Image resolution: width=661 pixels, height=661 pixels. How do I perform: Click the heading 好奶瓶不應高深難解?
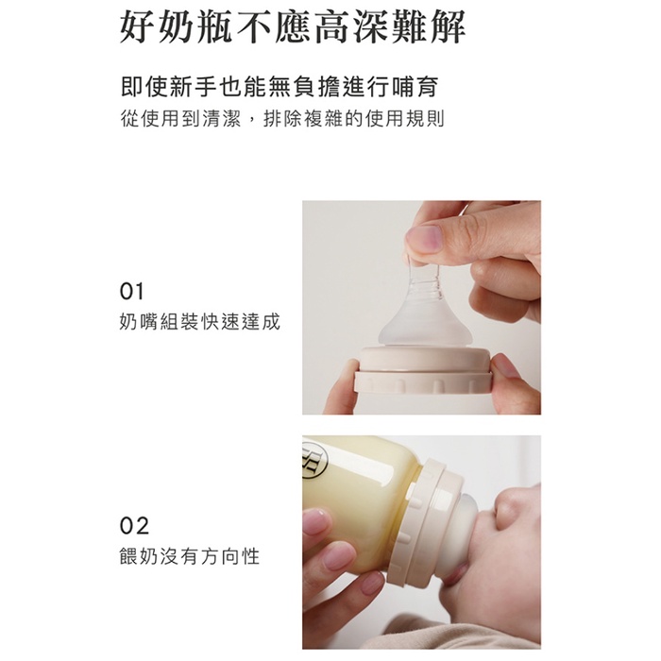293,26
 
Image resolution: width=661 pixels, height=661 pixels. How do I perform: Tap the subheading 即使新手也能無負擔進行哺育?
280,87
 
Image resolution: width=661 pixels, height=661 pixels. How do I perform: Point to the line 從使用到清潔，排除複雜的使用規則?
282,118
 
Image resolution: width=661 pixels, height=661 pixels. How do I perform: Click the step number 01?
131,291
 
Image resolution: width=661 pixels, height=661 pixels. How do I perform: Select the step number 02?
134,526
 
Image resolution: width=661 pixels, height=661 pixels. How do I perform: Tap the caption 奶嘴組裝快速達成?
200,322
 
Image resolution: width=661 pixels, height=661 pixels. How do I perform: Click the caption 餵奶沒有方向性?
190,556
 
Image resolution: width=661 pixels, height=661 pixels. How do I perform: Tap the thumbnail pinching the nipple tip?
423,240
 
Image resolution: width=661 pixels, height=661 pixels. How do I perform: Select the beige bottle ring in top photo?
423,369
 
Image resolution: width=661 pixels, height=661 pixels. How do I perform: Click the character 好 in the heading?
137,26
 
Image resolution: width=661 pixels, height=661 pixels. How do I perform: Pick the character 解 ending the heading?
448,26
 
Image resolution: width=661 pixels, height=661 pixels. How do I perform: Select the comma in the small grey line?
252,122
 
